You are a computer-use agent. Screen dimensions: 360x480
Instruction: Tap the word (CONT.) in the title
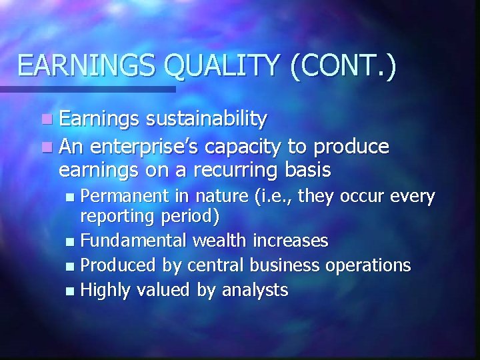(343, 67)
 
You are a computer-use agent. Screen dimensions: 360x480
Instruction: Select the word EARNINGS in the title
(86, 67)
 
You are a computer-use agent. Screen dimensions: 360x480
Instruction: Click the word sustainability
(206, 120)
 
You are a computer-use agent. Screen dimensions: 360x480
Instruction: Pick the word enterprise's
(149, 146)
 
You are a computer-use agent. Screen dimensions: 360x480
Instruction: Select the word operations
(367, 265)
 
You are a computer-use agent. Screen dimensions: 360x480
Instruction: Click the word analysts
(254, 290)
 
